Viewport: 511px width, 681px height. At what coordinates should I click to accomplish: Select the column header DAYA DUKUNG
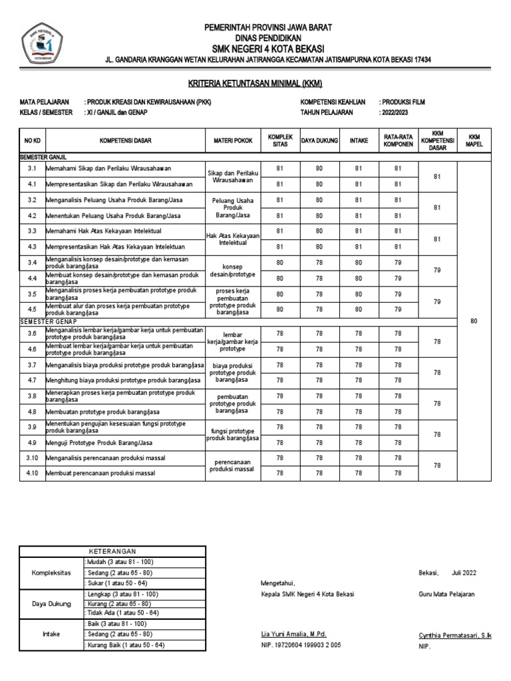coord(319,141)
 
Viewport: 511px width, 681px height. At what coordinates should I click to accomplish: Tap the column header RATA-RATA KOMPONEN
coord(397,141)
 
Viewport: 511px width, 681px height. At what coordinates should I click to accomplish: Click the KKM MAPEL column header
coord(474,141)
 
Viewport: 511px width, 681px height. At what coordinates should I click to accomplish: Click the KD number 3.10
coord(32,458)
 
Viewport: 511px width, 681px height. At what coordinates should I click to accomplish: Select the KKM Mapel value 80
coord(474,321)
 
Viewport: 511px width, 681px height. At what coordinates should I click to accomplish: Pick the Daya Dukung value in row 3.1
coord(319,168)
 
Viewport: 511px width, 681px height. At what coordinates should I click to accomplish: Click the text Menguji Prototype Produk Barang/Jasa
coord(99,442)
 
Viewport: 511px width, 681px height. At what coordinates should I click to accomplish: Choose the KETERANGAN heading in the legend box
coord(112,551)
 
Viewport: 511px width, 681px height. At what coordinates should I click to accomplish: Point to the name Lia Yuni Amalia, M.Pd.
coord(293,634)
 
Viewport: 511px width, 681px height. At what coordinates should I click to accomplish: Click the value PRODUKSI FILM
coord(403,102)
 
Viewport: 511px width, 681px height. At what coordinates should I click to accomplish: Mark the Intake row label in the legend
coord(51,634)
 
